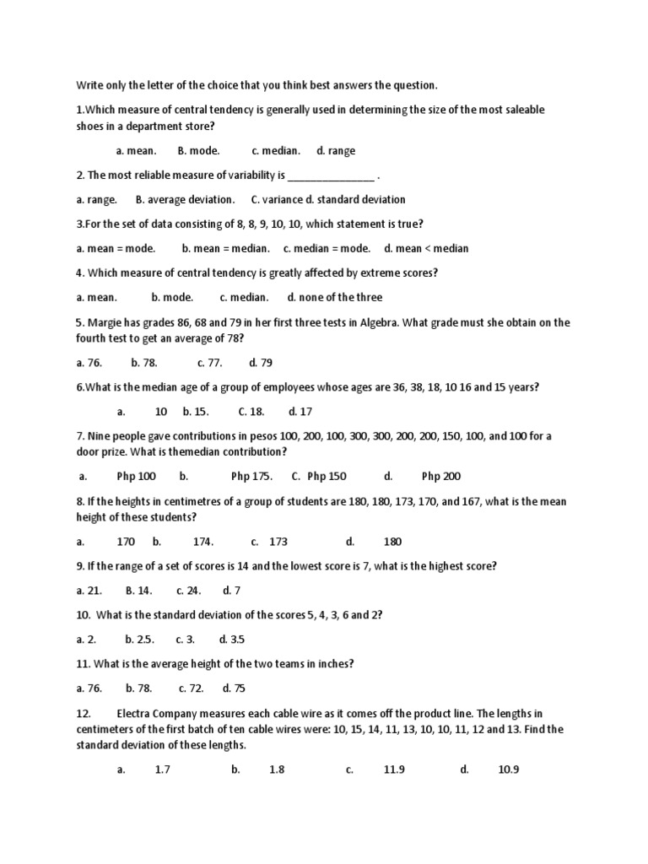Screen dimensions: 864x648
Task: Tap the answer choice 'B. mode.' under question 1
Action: click(x=199, y=151)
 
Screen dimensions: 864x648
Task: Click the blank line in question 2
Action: click(x=332, y=176)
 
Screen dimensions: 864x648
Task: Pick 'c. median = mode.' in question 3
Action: click(x=327, y=249)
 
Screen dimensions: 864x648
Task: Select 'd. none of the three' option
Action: click(x=335, y=298)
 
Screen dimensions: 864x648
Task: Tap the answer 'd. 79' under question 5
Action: click(x=261, y=363)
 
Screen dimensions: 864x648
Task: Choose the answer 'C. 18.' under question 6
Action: click(x=251, y=412)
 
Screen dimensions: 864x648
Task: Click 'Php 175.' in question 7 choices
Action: click(x=251, y=477)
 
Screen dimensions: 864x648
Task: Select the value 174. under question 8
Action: click(x=203, y=543)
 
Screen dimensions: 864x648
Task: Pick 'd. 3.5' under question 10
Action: click(x=233, y=640)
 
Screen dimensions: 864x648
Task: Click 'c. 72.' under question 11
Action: click(x=192, y=689)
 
